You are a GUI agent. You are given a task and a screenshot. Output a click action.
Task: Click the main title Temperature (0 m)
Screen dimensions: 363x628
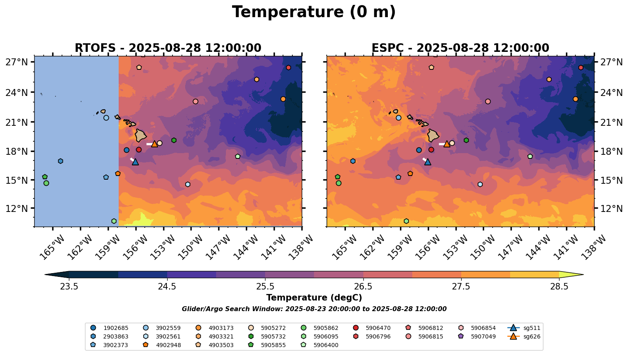pos(314,12)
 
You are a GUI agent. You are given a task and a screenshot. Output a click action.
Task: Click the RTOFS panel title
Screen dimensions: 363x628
pos(168,48)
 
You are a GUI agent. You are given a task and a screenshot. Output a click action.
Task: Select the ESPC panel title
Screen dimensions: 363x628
pos(460,48)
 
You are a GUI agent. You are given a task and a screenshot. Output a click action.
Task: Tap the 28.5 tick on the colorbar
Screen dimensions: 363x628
pos(559,286)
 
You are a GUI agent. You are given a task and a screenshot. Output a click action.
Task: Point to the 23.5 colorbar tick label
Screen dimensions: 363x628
pos(69,286)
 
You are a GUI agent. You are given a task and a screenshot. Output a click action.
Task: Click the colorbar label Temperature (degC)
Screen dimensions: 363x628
pos(314,298)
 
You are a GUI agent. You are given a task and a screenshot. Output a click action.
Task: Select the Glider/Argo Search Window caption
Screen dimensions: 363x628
pos(314,309)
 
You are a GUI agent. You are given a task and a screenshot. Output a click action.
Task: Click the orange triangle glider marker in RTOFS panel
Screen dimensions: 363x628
pos(155,144)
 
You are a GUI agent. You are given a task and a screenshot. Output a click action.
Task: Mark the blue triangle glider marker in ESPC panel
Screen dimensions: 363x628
pos(427,162)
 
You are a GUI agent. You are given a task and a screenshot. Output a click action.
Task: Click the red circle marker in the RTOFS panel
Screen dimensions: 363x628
pos(139,150)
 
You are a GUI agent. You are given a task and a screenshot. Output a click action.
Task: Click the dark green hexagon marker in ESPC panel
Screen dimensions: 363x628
pos(466,140)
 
